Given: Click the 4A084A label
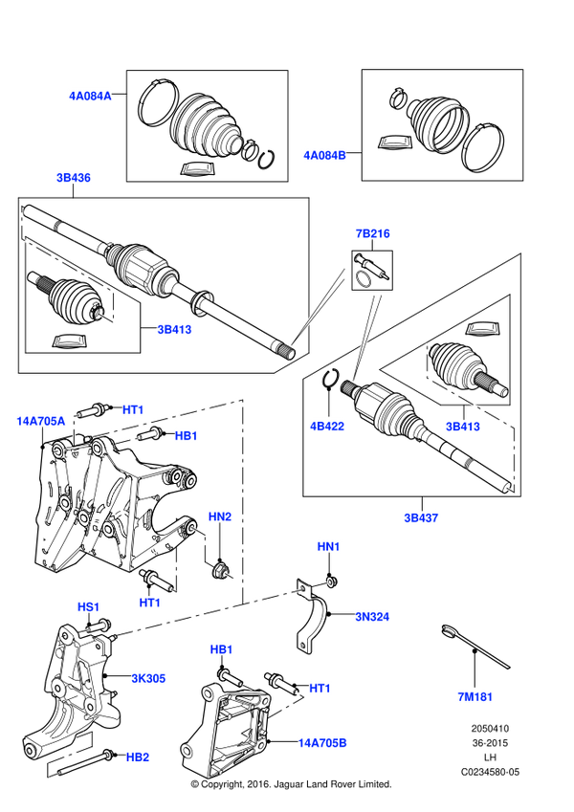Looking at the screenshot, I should (90, 97).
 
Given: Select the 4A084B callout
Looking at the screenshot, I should (324, 156).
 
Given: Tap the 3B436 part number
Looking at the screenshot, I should (74, 178).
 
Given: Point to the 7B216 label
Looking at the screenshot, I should (373, 233).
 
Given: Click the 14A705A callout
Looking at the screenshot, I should (41, 422).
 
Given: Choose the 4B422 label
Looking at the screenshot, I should (327, 426).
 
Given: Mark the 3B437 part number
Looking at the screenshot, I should (421, 518).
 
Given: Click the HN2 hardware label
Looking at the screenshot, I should (220, 517).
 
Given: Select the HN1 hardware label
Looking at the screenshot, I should (329, 547).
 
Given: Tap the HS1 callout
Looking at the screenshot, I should (89, 607).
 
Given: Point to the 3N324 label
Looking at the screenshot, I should (372, 617).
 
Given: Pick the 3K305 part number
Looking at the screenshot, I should (148, 679).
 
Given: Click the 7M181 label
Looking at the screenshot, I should (475, 697).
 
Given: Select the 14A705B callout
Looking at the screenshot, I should (322, 743).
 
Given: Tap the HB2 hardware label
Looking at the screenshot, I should (138, 757).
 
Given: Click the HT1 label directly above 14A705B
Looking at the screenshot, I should (320, 689).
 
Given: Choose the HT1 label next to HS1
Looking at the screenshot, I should (150, 604).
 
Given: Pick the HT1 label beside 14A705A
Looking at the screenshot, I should (133, 410).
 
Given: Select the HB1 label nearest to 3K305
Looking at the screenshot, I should (222, 650).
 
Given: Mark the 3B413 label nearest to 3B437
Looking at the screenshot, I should (463, 427).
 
